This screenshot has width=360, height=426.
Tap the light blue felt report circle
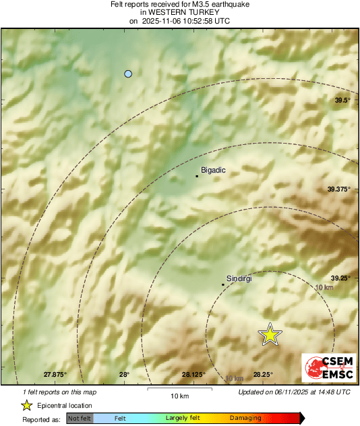point(128,73)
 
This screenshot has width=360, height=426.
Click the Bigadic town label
point(214,171)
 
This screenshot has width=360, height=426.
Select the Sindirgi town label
point(237,278)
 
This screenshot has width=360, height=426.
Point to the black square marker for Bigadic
point(197,177)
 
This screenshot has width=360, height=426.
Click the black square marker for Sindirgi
point(223,284)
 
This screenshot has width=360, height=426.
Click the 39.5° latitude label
point(343,100)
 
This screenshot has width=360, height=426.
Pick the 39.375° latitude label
point(339,189)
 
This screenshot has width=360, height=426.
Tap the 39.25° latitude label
point(341,278)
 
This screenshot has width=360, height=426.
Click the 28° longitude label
point(124,374)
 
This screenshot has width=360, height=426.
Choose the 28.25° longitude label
point(263,374)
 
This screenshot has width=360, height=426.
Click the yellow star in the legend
point(26,406)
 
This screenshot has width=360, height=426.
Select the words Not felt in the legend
point(80,419)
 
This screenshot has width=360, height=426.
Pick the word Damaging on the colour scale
point(245,419)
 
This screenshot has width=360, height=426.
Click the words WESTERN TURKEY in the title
point(180,12)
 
